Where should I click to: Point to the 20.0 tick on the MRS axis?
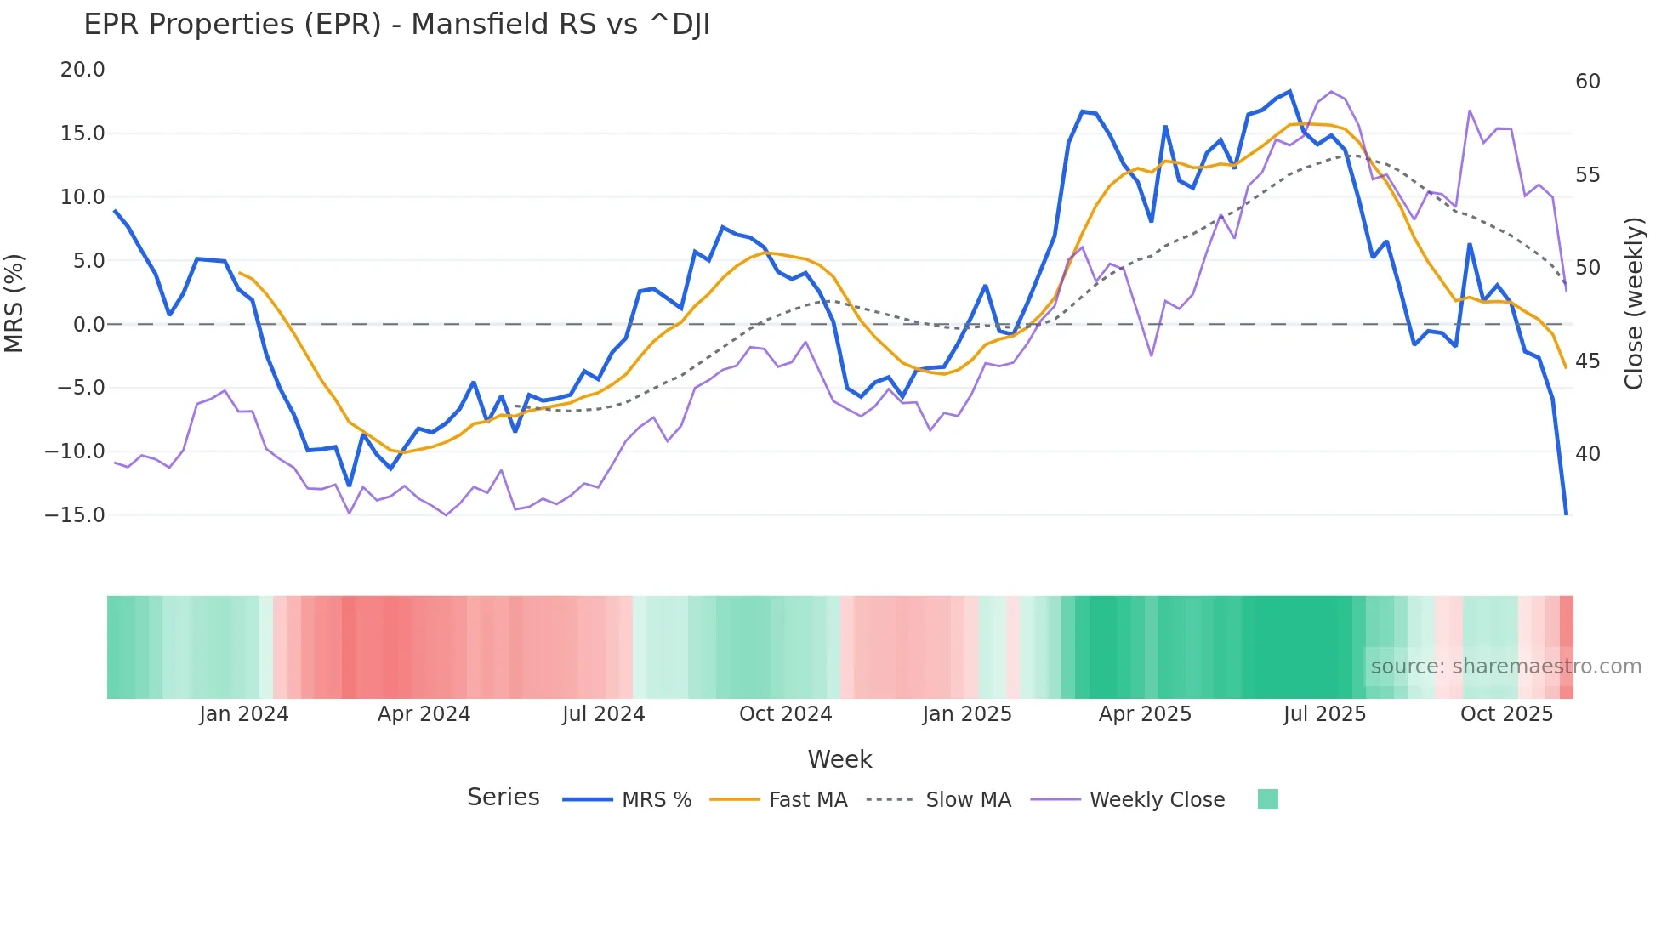82,70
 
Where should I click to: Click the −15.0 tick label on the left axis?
75,515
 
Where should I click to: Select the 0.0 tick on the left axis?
89,325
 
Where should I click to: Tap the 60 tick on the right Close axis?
1587,82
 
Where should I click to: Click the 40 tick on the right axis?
1587,454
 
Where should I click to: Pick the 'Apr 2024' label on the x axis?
424,714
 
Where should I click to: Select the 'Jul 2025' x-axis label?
1324,714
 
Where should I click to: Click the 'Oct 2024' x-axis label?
785,714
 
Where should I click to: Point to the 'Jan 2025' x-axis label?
967,714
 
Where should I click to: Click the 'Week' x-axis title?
839,759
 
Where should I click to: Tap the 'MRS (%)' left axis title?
14,304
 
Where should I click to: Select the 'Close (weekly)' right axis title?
1633,304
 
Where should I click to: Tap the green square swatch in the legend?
1267,799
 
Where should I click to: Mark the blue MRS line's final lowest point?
1566,514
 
